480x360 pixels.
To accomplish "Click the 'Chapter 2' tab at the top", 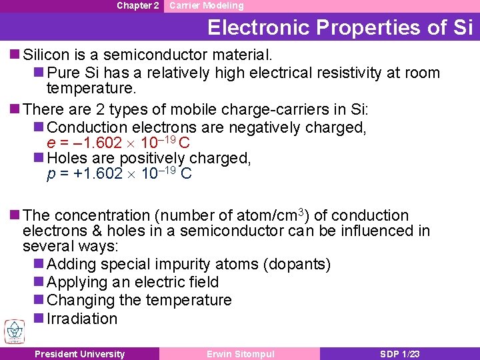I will [137, 6].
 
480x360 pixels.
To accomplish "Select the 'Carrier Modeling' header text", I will [206, 6].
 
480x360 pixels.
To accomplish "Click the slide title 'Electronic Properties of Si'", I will [340, 27].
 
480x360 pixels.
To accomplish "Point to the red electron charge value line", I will [119, 143].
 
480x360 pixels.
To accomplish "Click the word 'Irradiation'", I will [82, 319].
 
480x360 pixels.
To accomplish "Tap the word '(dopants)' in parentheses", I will [297, 265].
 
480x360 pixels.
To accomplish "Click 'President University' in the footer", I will [79, 354].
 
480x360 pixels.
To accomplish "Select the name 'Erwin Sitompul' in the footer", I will [240, 354].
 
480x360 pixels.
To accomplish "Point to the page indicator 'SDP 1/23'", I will [400, 354].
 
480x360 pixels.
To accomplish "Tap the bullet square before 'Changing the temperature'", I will [39, 301].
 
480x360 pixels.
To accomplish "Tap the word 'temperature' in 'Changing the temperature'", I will [189, 301].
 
